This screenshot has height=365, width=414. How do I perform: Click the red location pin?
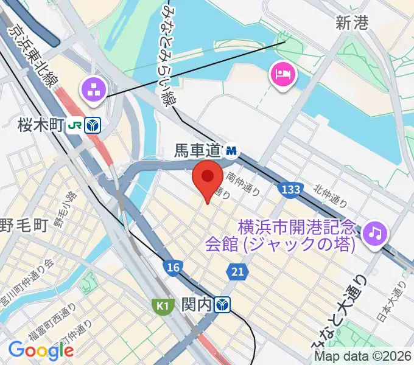pyautogui.click(x=207, y=180)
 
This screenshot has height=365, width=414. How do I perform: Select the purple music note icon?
pyautogui.click(x=376, y=232)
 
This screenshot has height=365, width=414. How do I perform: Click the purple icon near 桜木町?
pyautogui.click(x=94, y=91)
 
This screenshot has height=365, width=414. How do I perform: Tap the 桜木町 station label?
pyautogui.click(x=49, y=125)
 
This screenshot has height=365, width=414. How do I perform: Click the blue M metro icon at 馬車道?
pyautogui.click(x=231, y=148)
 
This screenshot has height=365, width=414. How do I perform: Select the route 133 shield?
pyautogui.click(x=290, y=190)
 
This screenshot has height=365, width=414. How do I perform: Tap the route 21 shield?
pyautogui.click(x=237, y=272)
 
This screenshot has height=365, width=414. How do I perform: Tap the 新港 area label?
pyautogui.click(x=352, y=24)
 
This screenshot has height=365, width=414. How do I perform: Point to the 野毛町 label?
pyautogui.click(x=23, y=226)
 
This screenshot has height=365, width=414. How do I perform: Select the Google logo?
pyautogui.click(x=41, y=350)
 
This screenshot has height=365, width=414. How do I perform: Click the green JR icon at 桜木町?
pyautogui.click(x=75, y=125)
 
